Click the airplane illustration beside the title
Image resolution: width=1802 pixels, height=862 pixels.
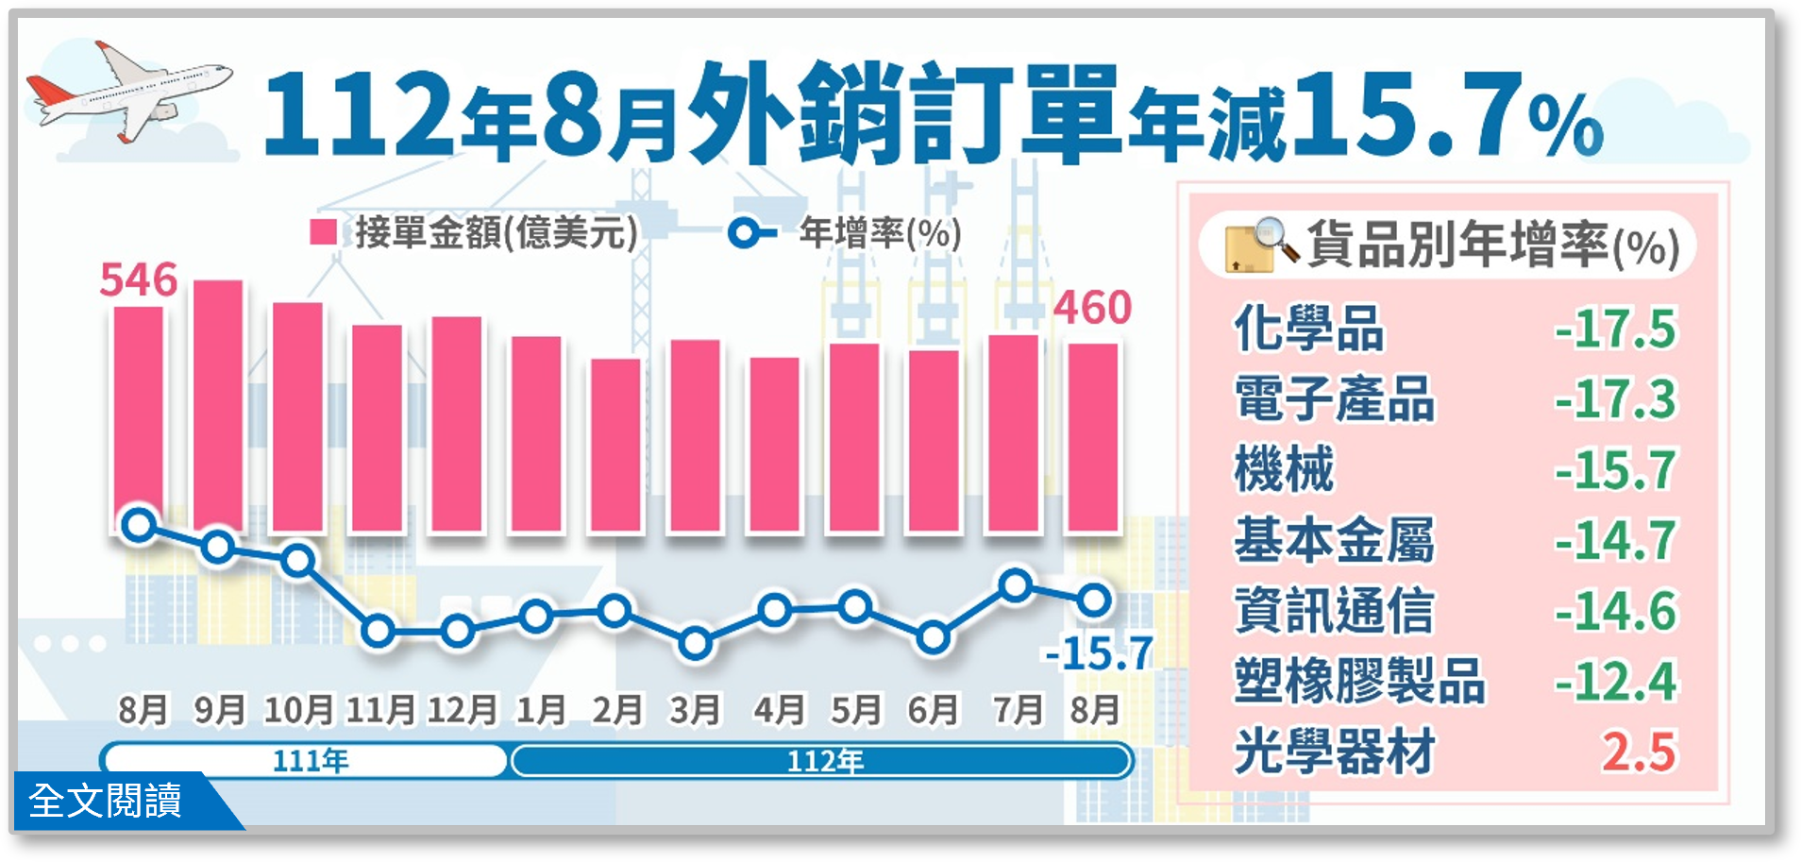point(127,93)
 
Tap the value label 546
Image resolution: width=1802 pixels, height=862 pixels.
point(139,279)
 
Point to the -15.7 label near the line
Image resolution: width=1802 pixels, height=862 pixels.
point(1098,653)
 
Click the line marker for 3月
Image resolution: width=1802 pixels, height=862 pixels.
point(695,644)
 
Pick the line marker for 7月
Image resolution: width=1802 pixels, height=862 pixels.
point(1015,585)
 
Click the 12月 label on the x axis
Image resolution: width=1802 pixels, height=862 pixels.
point(461,710)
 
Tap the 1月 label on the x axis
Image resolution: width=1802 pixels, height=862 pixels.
point(540,710)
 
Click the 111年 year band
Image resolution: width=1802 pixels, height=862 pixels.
point(305,760)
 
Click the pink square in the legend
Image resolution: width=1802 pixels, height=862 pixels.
point(324,232)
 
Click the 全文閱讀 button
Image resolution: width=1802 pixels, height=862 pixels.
point(106,801)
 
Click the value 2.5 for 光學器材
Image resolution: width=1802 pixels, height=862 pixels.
point(1639,752)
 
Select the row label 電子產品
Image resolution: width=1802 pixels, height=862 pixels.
point(1334,398)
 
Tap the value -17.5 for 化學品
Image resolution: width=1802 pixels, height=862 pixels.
point(1616,329)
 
